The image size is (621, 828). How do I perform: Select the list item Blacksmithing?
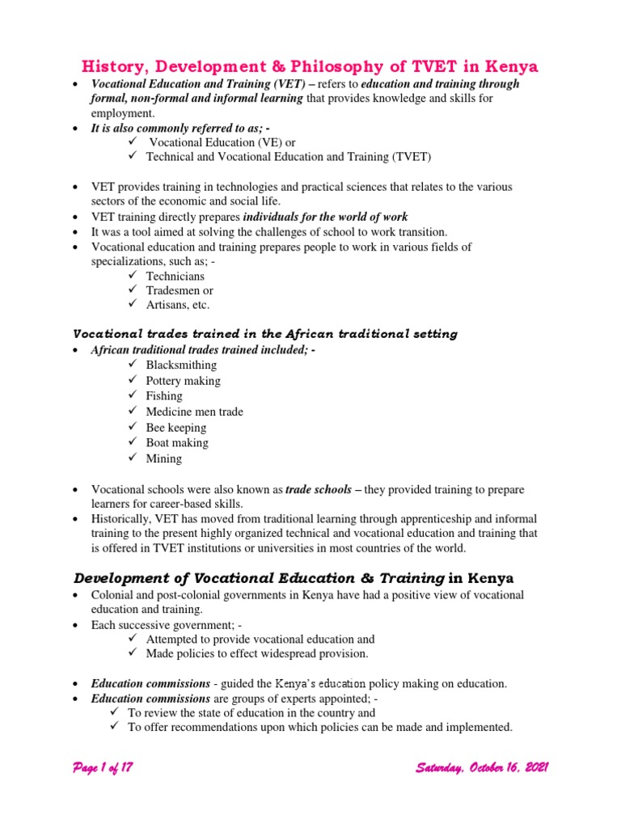click(x=181, y=365)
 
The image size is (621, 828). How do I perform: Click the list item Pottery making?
click(x=183, y=381)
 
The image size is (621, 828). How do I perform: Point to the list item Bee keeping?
click(x=175, y=428)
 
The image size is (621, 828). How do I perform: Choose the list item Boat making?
click(x=177, y=443)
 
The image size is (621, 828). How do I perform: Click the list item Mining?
click(x=163, y=458)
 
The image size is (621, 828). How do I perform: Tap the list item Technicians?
click(x=175, y=276)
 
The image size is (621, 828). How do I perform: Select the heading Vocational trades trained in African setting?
click(x=265, y=334)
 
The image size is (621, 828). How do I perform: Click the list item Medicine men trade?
click(x=194, y=412)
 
